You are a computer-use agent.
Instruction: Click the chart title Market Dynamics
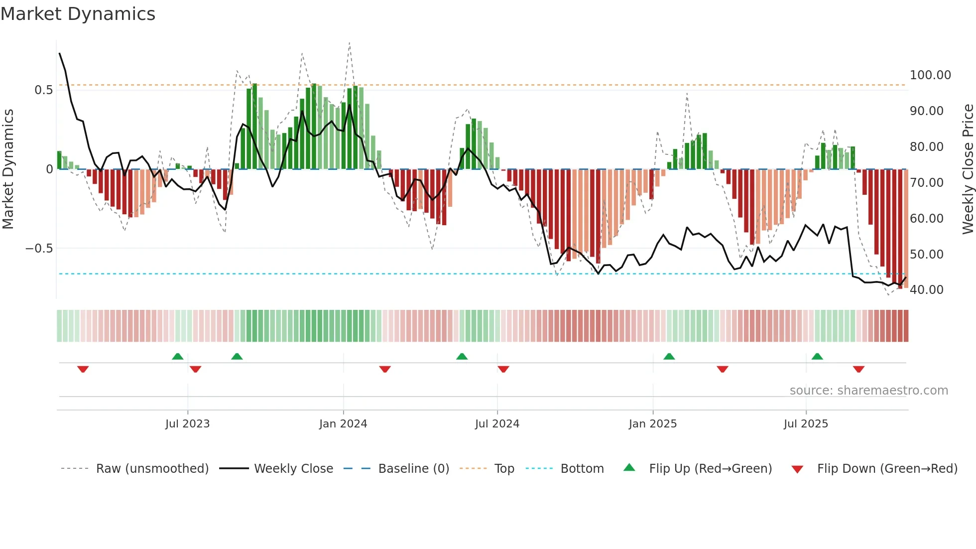(x=78, y=14)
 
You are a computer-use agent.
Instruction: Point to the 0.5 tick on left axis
(x=43, y=90)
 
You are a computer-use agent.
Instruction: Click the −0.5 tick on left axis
(x=39, y=249)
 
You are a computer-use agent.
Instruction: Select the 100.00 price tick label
(x=930, y=75)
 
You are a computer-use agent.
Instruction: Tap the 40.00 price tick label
(x=926, y=290)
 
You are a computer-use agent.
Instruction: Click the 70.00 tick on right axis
(x=926, y=183)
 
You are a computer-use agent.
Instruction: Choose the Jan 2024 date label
(x=343, y=424)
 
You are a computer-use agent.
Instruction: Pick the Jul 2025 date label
(x=805, y=424)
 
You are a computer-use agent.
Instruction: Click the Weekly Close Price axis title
(x=968, y=169)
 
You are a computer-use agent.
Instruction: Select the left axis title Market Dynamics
(x=8, y=169)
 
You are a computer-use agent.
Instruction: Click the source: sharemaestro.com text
(x=868, y=391)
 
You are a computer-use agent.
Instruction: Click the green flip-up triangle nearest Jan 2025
(x=669, y=357)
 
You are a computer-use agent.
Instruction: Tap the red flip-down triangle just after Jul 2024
(x=503, y=369)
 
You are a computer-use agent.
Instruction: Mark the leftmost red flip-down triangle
(x=83, y=369)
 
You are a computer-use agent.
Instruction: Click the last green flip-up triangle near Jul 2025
(x=817, y=357)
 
